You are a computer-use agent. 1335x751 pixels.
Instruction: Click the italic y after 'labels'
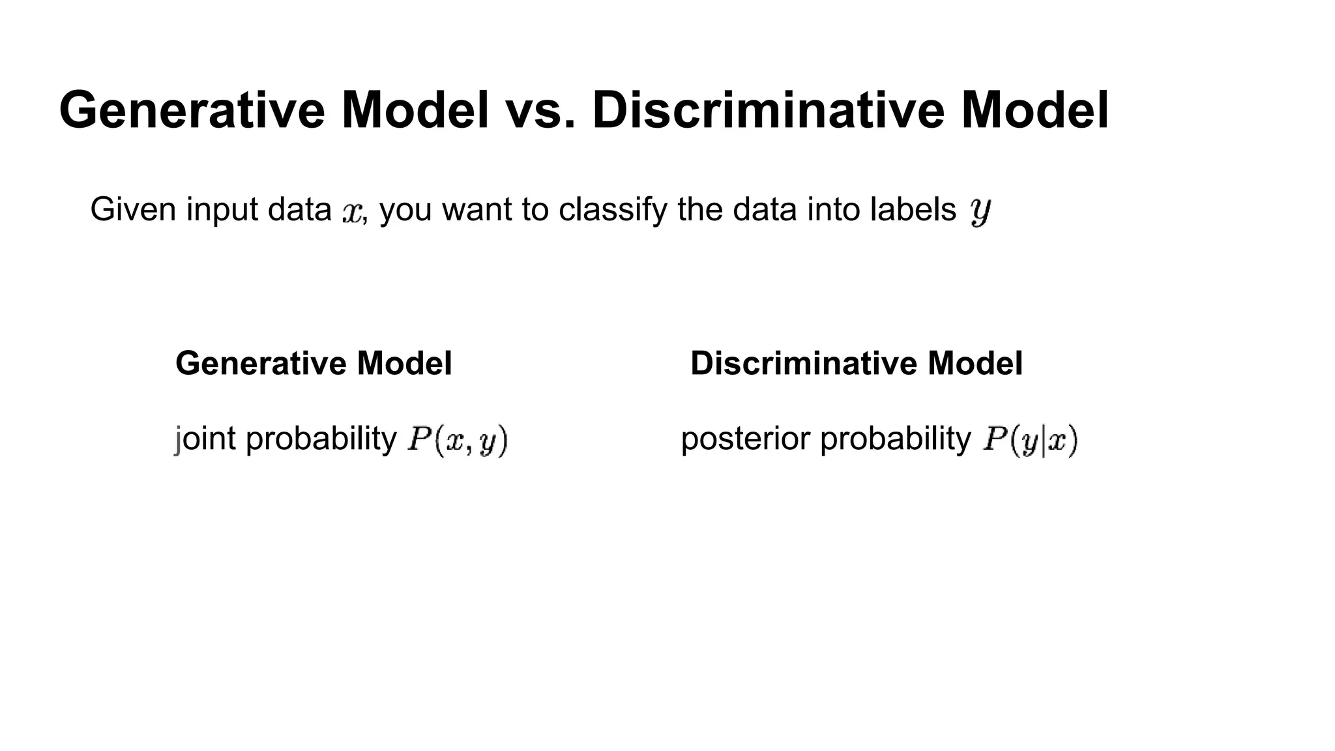point(980,211)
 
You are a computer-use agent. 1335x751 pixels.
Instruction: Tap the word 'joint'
point(205,439)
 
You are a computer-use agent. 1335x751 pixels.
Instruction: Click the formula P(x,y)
point(457,440)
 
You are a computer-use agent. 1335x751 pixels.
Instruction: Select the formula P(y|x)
point(1031,440)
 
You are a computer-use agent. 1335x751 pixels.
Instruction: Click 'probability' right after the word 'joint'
point(321,439)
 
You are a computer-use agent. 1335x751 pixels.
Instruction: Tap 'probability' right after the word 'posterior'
point(896,439)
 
